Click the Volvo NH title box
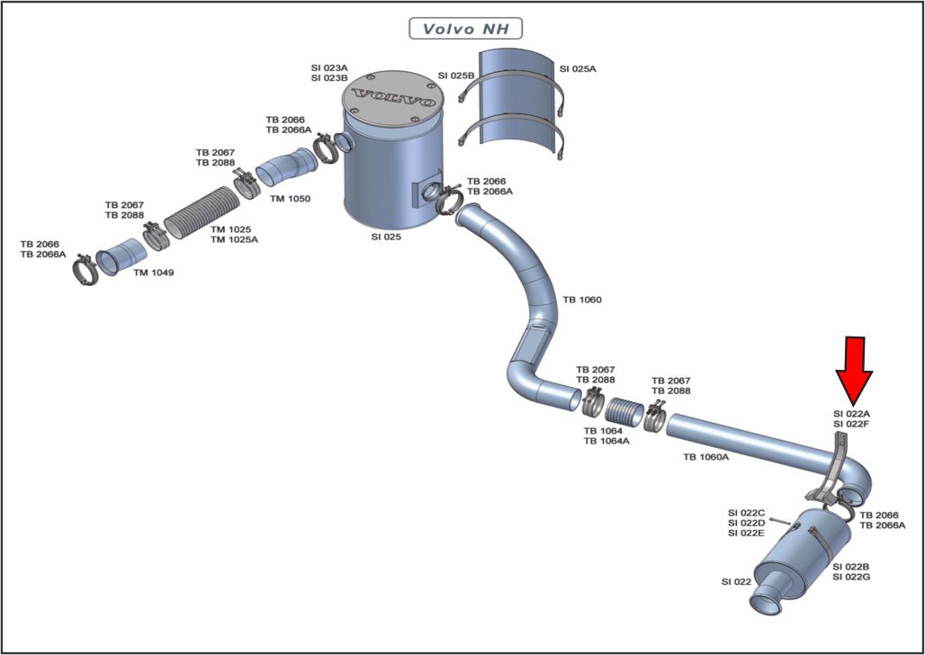click(465, 28)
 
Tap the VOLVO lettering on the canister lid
click(392, 99)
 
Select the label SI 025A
click(578, 69)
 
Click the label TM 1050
click(291, 198)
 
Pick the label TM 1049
click(153, 273)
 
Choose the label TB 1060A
click(705, 457)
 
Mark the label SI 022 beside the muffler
click(736, 582)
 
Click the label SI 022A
click(851, 414)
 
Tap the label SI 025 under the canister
click(386, 238)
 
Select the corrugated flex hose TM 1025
click(202, 212)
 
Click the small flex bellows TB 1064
click(625, 411)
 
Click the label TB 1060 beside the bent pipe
click(581, 300)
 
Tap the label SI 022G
click(851, 577)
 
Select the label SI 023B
click(329, 78)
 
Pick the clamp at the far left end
click(85, 270)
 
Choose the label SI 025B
click(456, 76)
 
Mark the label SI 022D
click(746, 523)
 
